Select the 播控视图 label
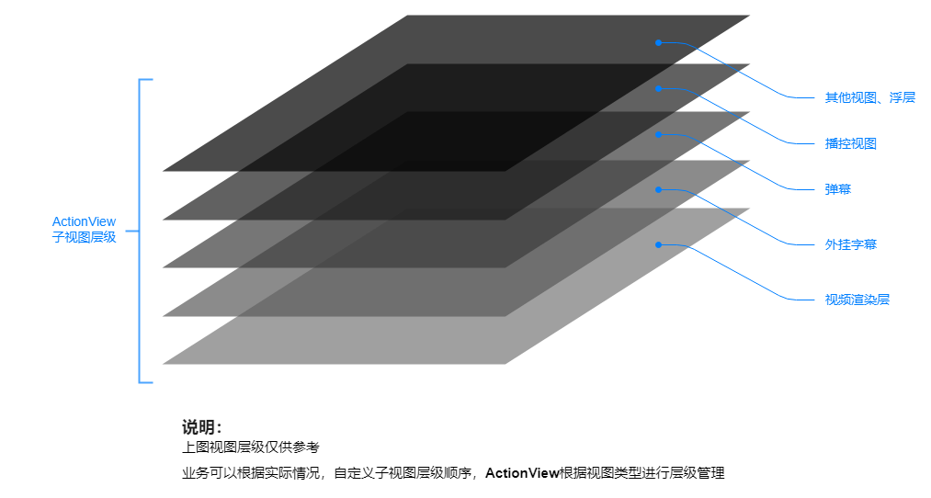[x=850, y=143]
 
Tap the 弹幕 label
[x=837, y=189]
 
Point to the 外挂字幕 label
[x=850, y=244]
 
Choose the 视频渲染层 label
[x=857, y=300]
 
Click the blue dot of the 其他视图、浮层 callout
[x=658, y=42]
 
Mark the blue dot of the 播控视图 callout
[x=658, y=88]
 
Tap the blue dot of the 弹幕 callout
[x=658, y=134]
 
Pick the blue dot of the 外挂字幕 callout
[x=658, y=189]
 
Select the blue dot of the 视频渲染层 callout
[x=658, y=244]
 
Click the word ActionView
[x=84, y=221]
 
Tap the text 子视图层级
[x=84, y=237]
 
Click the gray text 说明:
[x=201, y=427]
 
